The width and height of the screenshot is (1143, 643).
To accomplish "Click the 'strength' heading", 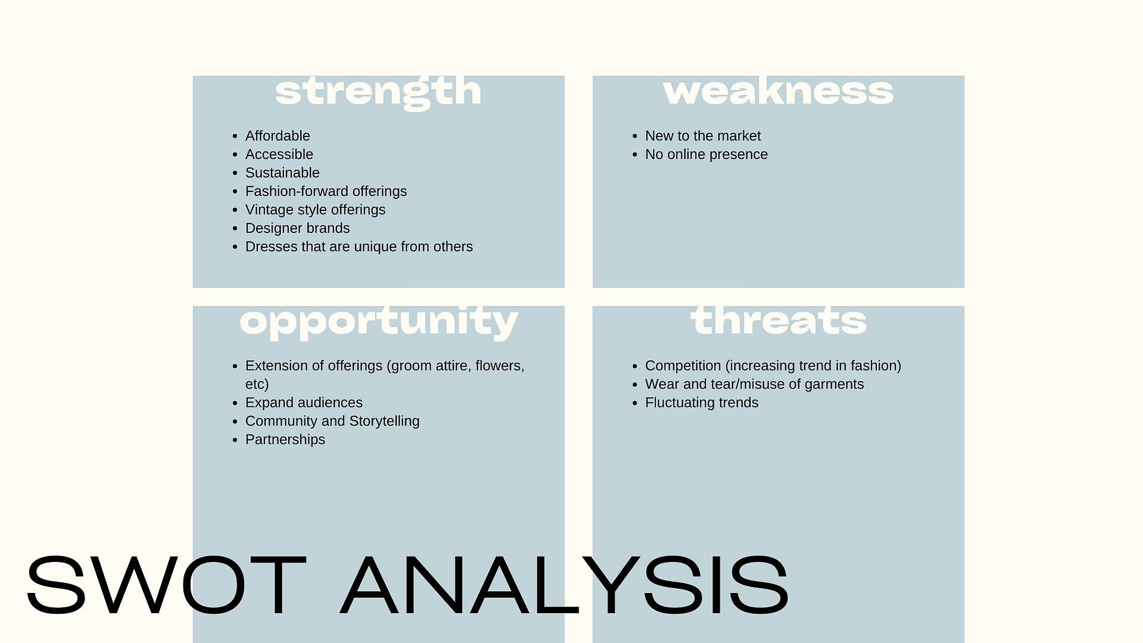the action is pos(378,92).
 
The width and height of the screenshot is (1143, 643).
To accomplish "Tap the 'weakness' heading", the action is pos(778,91).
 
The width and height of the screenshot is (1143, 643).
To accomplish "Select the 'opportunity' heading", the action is pos(379,322).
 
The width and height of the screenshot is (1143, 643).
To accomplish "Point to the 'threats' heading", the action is pos(778,321).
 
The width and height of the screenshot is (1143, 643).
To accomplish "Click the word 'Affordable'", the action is pos(278,136).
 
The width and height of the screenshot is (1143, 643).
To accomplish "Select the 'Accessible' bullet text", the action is pos(279,154).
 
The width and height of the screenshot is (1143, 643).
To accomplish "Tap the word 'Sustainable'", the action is pos(282,173).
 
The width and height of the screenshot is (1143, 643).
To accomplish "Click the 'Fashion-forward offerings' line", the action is pos(326,191).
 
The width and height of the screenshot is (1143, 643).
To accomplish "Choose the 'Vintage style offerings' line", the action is pos(315,210).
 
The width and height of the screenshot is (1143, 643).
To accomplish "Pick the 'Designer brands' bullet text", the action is pos(297,228).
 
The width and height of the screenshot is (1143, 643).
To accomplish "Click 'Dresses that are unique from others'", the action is pos(359,247).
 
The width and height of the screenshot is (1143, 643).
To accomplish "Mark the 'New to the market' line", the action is pos(703,136).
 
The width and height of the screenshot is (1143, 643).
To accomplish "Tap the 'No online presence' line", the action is pos(706,154).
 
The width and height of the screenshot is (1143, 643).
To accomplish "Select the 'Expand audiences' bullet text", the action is pos(304,403).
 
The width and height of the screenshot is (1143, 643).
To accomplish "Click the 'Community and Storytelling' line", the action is pos(332,421).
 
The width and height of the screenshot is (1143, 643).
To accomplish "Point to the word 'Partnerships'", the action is pos(285,440).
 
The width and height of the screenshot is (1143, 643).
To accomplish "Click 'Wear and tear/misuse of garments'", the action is pos(754,384).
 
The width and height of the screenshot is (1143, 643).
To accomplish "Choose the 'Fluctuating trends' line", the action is pos(702,403).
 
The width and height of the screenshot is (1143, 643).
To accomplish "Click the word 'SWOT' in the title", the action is pos(166,585).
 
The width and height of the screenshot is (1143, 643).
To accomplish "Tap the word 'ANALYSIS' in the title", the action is pos(565,585).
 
